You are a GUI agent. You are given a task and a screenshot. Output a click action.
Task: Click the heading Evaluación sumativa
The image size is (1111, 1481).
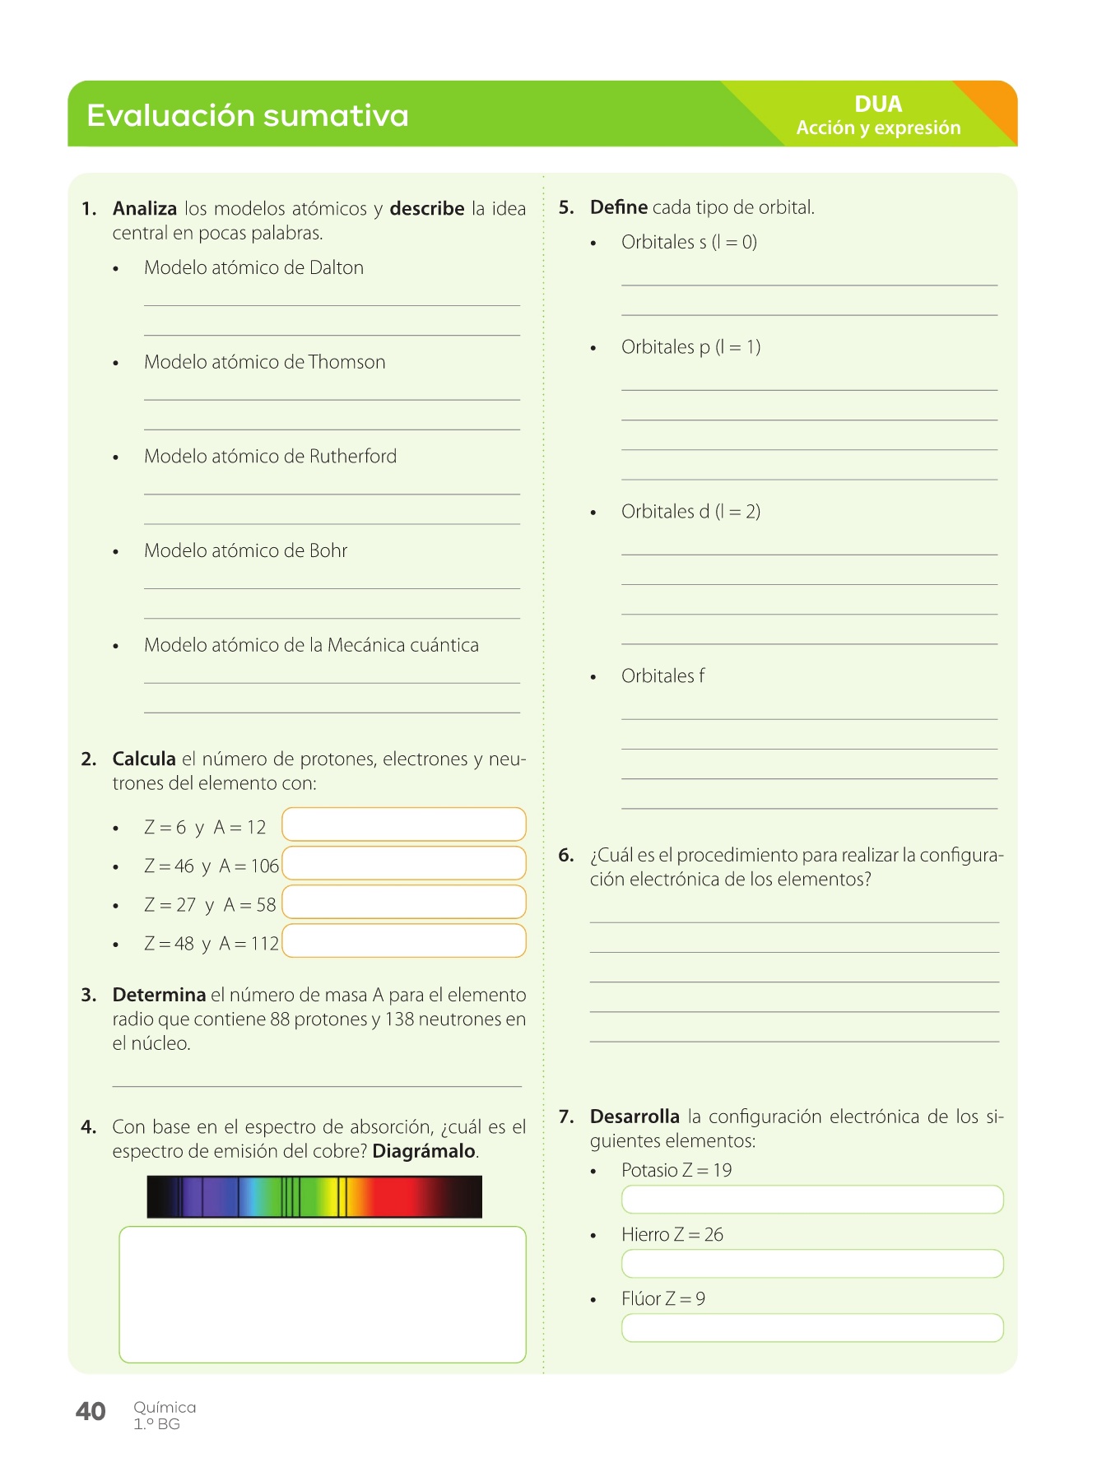(248, 115)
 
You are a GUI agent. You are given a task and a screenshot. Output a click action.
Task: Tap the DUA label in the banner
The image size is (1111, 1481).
(878, 104)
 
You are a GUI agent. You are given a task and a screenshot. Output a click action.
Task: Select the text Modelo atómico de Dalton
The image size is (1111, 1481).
(253, 268)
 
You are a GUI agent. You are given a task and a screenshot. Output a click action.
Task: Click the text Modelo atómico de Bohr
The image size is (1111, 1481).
(245, 551)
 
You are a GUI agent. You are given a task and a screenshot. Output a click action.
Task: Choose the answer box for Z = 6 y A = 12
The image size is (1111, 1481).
(403, 824)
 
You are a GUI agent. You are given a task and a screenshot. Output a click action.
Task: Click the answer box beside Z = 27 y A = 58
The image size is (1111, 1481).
(403, 902)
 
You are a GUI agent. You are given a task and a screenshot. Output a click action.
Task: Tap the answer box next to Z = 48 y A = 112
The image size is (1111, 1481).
(403, 941)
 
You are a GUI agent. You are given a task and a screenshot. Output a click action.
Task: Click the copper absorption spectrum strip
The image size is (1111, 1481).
(314, 1196)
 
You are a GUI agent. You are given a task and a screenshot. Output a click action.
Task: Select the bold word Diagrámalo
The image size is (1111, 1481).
(424, 1151)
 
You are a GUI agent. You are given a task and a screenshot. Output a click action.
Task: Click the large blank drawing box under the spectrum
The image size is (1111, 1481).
(322, 1294)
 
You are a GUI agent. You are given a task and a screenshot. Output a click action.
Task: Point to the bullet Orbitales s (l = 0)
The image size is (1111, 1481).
(689, 243)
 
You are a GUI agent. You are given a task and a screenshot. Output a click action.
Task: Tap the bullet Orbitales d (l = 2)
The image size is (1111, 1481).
(690, 512)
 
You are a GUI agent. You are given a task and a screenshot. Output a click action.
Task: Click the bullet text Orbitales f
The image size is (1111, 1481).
(662, 676)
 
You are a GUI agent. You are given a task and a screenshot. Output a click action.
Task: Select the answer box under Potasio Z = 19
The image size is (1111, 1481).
(812, 1200)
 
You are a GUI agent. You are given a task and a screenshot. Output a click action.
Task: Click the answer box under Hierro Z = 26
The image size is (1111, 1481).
(812, 1264)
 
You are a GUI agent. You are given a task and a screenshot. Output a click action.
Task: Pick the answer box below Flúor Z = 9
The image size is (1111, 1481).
(812, 1328)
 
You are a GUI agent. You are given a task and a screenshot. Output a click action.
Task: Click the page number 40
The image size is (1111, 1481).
(91, 1412)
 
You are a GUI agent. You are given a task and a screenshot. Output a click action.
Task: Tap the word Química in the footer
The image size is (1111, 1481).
(165, 1408)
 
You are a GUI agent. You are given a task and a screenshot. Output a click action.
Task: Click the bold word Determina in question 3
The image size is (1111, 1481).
(159, 996)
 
